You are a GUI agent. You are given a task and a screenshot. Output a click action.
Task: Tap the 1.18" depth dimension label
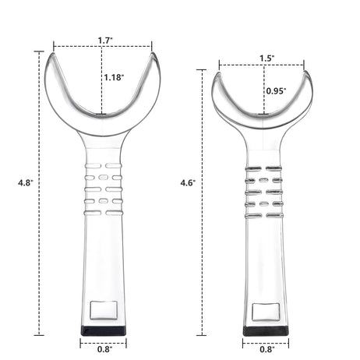point(114,77)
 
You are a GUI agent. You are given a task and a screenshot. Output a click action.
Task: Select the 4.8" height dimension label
point(25,182)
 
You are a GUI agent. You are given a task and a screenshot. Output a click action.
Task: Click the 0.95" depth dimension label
point(276,91)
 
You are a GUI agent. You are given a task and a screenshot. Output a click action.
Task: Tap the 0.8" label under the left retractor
point(104,348)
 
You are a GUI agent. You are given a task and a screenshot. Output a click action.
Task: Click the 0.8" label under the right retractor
point(265,348)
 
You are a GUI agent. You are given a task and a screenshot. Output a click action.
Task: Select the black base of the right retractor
point(264,330)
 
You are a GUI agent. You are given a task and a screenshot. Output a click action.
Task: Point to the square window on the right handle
point(265,312)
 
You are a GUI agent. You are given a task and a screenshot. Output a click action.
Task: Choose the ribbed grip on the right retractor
point(263,192)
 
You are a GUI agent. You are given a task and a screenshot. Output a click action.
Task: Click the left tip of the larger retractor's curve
point(52,55)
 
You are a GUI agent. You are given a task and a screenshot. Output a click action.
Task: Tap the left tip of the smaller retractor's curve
point(217,76)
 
